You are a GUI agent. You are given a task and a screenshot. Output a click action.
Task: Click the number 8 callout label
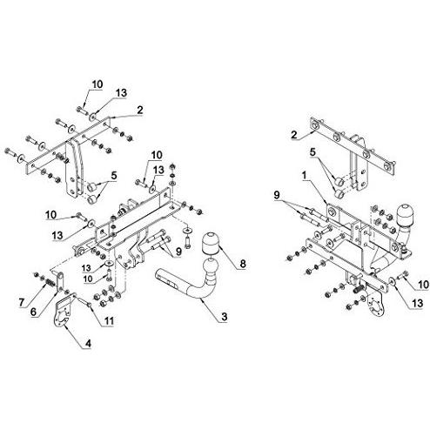243,264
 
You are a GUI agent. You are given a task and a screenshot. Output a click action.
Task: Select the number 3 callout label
225,317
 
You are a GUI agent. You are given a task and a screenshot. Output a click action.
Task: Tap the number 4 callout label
88,344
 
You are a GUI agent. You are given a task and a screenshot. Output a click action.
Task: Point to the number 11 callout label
109,320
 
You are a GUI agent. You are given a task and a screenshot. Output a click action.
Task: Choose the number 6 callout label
33,312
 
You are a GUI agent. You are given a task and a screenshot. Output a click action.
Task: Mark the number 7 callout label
22,302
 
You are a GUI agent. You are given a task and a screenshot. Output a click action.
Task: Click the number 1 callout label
304,176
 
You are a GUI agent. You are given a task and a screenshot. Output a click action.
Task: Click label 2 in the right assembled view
294,135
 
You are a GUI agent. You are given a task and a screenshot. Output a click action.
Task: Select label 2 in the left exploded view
140,110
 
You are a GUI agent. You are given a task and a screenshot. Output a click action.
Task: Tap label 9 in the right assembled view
277,195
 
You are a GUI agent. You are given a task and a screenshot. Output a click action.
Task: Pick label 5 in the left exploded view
113,176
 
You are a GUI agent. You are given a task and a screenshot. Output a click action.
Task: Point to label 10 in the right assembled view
423,285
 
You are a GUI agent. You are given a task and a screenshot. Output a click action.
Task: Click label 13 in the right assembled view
417,304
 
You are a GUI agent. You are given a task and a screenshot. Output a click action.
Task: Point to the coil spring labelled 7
50,282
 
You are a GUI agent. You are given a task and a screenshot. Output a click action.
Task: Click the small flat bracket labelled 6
60,280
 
